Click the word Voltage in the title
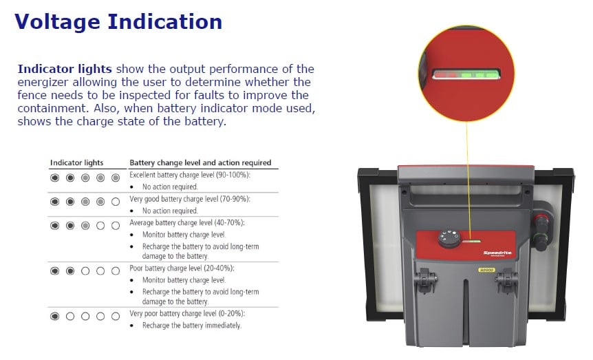(58, 22)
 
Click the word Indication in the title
(165, 21)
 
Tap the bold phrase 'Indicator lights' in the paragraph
(65, 69)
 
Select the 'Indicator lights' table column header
(77, 162)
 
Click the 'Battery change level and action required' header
(200, 162)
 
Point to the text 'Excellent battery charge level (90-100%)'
(190, 175)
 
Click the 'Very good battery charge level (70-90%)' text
(190, 199)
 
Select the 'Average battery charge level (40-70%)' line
(187, 222)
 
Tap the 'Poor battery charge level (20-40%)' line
(182, 268)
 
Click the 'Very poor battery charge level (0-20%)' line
(187, 313)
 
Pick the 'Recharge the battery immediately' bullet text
(192, 325)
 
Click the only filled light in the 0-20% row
(55, 316)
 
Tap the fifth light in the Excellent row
(116, 178)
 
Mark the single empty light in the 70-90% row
(116, 202)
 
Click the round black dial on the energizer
(449, 238)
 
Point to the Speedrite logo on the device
(497, 253)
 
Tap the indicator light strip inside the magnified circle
(466, 74)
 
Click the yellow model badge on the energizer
(486, 271)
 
